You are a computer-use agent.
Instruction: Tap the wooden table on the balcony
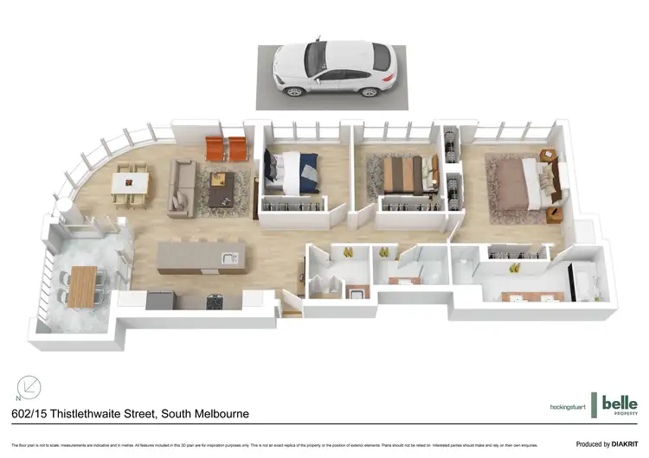83,286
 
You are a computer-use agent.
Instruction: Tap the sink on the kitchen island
228,257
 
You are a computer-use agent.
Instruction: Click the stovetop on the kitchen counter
214,301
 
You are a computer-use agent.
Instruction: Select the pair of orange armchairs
224,148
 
